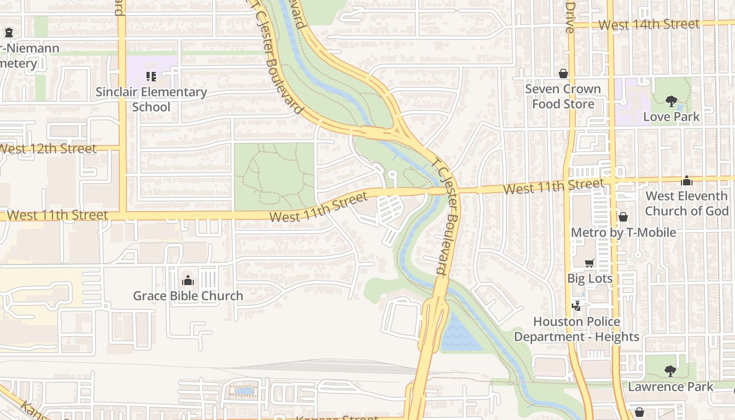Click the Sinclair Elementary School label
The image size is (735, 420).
(151, 99)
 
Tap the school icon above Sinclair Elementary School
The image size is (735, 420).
(151, 77)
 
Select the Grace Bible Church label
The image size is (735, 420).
(188, 296)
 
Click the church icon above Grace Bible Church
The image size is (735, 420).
(188, 280)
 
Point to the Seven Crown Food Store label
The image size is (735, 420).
(563, 96)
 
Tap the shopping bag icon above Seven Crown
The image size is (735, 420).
(563, 73)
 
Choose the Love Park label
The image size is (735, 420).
(671, 117)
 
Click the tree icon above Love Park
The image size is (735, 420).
(671, 101)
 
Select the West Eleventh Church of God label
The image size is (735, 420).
(687, 203)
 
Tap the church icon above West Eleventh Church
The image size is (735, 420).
(687, 181)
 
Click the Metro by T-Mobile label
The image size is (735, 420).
(623, 232)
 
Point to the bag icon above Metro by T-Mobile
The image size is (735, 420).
(623, 217)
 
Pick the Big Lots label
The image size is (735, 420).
(590, 278)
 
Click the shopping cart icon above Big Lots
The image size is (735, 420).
(590, 263)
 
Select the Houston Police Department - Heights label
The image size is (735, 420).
(576, 329)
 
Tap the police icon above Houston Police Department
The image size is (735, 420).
(576, 306)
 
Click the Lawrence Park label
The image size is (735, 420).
(670, 386)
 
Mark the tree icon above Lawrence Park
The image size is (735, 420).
(670, 371)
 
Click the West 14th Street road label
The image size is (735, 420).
(649, 24)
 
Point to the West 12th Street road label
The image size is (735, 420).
(47, 148)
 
